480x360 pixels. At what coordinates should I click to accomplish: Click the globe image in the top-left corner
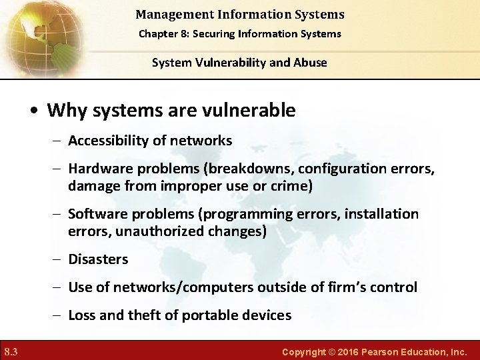point(40,37)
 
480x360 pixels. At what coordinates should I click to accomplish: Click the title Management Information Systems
point(239,14)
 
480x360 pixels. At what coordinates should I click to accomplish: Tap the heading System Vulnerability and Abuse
point(239,63)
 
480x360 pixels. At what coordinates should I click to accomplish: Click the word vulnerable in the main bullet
point(249,110)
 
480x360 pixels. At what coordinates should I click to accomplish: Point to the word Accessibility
point(106,141)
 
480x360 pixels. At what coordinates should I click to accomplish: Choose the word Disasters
point(98,259)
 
